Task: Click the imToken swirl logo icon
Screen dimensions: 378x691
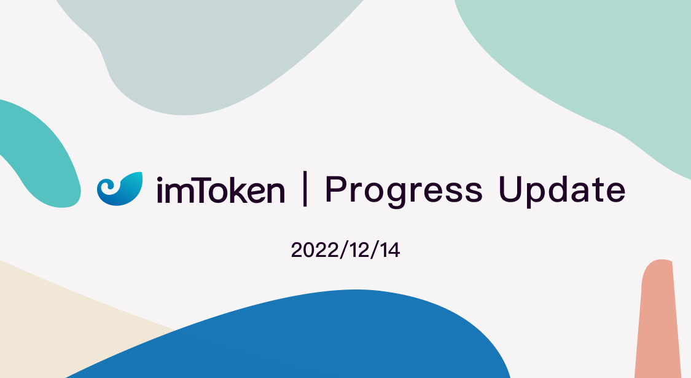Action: click(120, 189)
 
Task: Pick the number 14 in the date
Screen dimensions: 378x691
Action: click(388, 251)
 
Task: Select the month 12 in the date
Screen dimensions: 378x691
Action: click(359, 251)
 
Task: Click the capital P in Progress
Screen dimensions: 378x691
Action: click(335, 189)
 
